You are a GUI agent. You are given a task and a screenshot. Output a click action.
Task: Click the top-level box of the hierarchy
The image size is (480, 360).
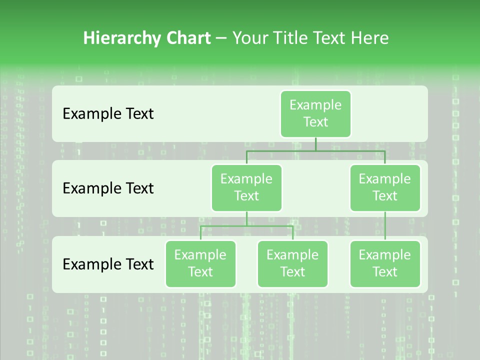tap(315, 114)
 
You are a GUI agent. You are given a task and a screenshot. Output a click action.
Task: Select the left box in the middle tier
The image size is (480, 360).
tap(246, 188)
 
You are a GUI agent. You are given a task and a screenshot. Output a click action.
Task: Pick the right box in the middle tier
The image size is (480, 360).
tap(385, 188)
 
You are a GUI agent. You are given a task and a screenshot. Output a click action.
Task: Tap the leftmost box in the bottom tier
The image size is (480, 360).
tap(200, 264)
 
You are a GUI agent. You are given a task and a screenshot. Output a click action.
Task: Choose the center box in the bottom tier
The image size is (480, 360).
tap(292, 264)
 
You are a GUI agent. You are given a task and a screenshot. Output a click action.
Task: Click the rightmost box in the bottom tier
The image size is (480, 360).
tap(385, 264)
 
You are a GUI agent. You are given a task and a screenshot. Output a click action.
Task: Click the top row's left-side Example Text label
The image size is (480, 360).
tap(108, 114)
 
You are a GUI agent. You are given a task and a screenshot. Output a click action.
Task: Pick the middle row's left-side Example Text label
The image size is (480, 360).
tap(108, 188)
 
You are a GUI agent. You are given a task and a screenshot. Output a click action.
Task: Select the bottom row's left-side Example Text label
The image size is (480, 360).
tap(108, 264)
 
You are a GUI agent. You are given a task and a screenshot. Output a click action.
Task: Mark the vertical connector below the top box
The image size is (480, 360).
tap(315, 144)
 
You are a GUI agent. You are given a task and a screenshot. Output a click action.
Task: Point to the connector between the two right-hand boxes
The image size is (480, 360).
tap(385, 226)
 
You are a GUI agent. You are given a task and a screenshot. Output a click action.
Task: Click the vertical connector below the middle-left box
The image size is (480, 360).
tap(246, 218)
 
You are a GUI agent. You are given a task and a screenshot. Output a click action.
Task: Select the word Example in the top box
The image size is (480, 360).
tap(315, 105)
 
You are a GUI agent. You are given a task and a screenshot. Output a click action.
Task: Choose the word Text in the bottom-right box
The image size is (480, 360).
tap(385, 272)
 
